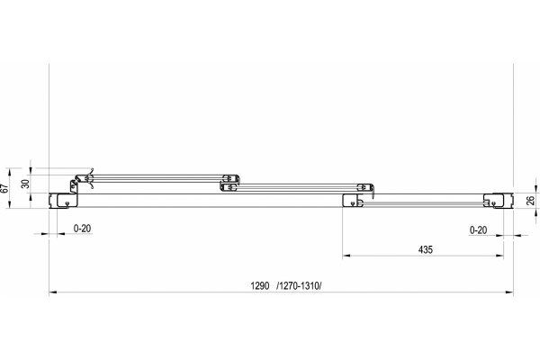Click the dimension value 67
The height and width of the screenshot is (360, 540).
click(x=4, y=188)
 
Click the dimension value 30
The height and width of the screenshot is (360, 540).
click(x=25, y=184)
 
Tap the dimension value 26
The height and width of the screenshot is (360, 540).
click(x=531, y=201)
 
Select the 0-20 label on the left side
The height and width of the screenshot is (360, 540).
click(x=82, y=229)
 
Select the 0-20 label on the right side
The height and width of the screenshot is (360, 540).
click(x=479, y=229)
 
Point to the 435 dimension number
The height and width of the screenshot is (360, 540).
click(x=426, y=249)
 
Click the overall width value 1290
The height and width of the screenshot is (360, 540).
click(x=260, y=286)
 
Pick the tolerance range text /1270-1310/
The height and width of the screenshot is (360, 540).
click(x=299, y=286)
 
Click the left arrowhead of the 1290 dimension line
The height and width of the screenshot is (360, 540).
click(x=53, y=292)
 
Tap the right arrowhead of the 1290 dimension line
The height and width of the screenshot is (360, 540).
click(x=509, y=292)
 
